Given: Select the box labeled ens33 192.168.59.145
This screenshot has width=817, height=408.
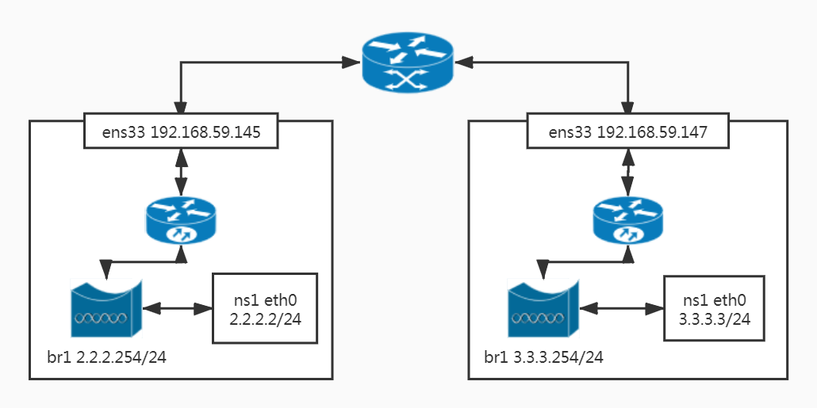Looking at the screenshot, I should click(x=182, y=132).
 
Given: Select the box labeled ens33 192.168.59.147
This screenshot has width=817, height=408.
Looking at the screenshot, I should click(x=628, y=132).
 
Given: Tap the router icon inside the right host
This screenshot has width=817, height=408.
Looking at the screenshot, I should click(x=628, y=221).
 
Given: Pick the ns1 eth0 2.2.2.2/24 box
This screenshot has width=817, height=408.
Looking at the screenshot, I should click(x=264, y=308).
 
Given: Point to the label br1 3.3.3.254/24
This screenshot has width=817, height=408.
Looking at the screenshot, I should click(x=543, y=357).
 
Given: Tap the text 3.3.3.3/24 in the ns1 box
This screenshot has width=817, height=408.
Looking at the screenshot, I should click(x=715, y=319).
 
